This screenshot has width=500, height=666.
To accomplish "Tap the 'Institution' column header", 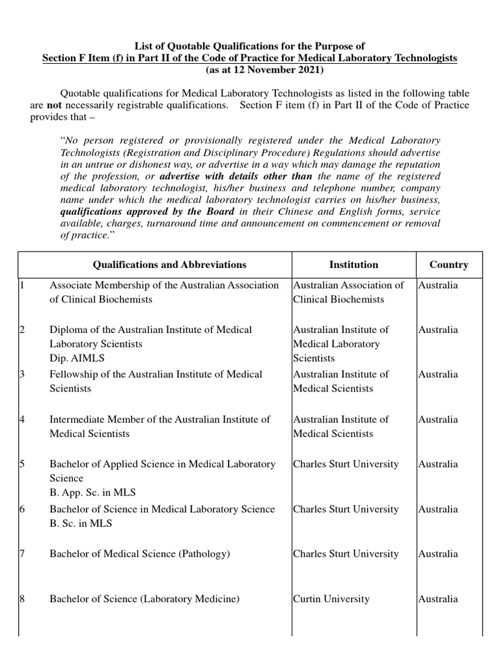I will [x=354, y=265].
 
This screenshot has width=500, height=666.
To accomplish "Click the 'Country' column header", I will [x=449, y=265].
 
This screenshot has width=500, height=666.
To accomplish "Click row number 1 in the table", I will [x=21, y=285].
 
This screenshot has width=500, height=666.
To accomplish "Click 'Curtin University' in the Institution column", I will [x=331, y=599].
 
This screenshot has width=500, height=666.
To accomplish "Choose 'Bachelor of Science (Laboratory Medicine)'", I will [x=145, y=599].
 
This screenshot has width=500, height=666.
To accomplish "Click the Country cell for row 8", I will [x=438, y=599].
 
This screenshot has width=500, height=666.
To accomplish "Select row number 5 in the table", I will [x=21, y=464].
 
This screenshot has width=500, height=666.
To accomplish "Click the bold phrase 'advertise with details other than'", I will [x=236, y=176].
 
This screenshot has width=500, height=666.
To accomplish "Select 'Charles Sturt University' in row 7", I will [x=346, y=554].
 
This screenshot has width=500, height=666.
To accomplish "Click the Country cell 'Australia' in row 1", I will [x=438, y=285].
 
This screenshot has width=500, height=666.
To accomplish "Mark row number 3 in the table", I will [x=21, y=375].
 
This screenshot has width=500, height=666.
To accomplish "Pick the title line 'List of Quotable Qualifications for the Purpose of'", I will [x=249, y=46].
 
